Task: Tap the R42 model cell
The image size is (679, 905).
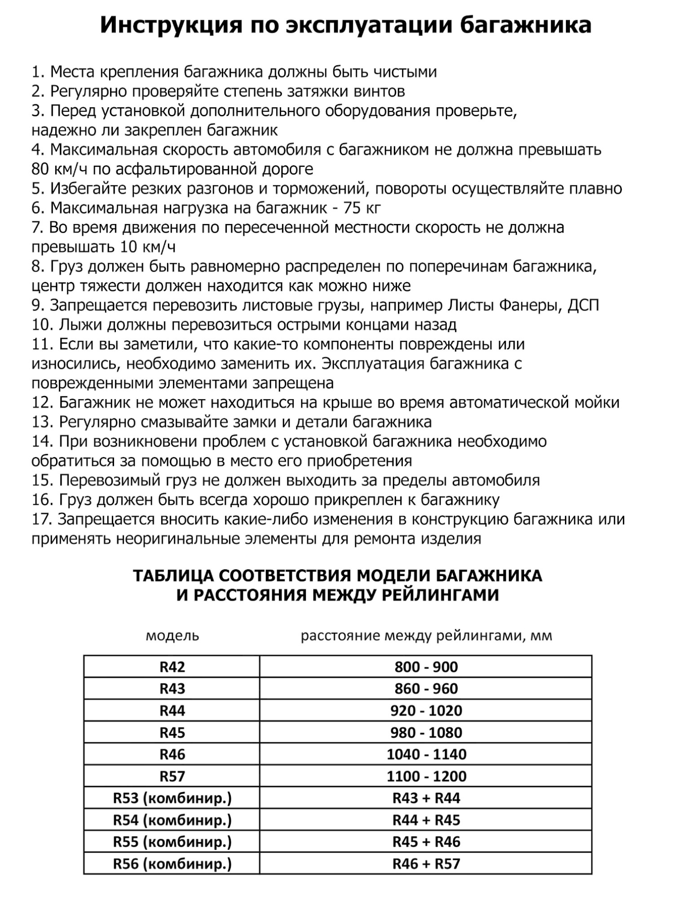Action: point(172,667)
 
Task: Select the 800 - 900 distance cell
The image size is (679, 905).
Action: point(426,667)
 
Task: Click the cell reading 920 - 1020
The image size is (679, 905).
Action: point(426,711)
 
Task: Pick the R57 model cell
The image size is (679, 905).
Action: point(172,776)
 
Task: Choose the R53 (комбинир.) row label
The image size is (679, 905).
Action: point(172,798)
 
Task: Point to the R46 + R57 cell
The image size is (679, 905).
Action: point(426,864)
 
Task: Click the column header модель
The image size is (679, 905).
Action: point(172,636)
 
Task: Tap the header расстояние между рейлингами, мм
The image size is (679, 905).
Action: point(426,636)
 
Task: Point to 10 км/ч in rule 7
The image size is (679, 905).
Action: point(148,247)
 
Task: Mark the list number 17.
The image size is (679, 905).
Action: point(41,519)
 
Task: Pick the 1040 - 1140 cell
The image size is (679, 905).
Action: point(426,754)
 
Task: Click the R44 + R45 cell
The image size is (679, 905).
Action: point(426,820)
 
